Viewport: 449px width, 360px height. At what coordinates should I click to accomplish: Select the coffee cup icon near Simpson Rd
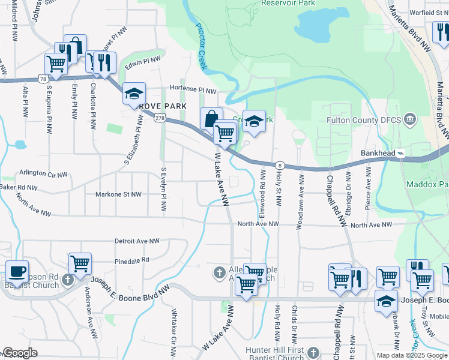(x=16, y=271)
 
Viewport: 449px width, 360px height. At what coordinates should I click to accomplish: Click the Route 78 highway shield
(x=42, y=79)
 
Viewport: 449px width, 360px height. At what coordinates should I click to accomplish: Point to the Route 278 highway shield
(x=160, y=119)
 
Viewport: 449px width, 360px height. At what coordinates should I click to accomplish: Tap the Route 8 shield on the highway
(x=280, y=165)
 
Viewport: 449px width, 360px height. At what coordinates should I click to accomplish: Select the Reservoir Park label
(x=288, y=3)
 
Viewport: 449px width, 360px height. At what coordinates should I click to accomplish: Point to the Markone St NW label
(x=118, y=194)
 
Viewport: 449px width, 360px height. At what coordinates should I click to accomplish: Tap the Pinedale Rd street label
(x=131, y=261)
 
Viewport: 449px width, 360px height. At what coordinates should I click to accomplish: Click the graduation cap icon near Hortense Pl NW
(x=134, y=94)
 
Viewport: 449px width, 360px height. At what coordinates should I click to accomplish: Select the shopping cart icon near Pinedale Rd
(x=80, y=263)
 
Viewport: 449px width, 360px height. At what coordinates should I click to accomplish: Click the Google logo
(x=19, y=353)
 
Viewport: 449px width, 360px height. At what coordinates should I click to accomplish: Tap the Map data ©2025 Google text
(x=411, y=355)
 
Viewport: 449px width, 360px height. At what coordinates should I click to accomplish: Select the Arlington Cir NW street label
(x=41, y=173)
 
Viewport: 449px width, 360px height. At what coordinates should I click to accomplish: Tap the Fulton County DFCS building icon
(x=410, y=119)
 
